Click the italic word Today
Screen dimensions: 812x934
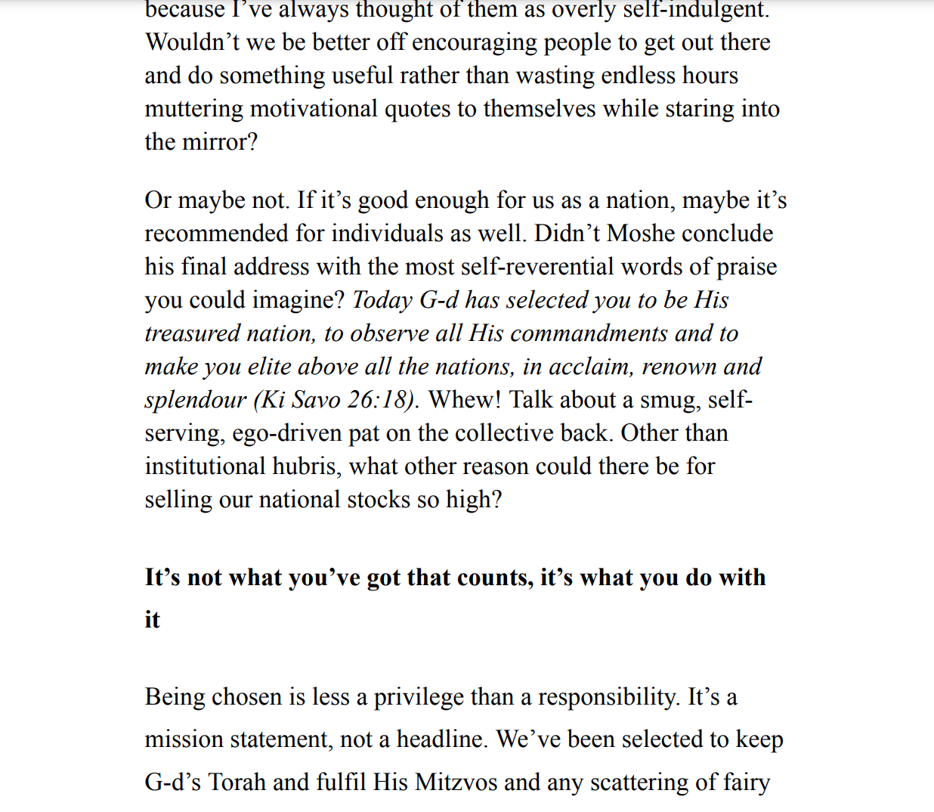[x=382, y=300]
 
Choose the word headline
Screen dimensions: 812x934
[x=442, y=739]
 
